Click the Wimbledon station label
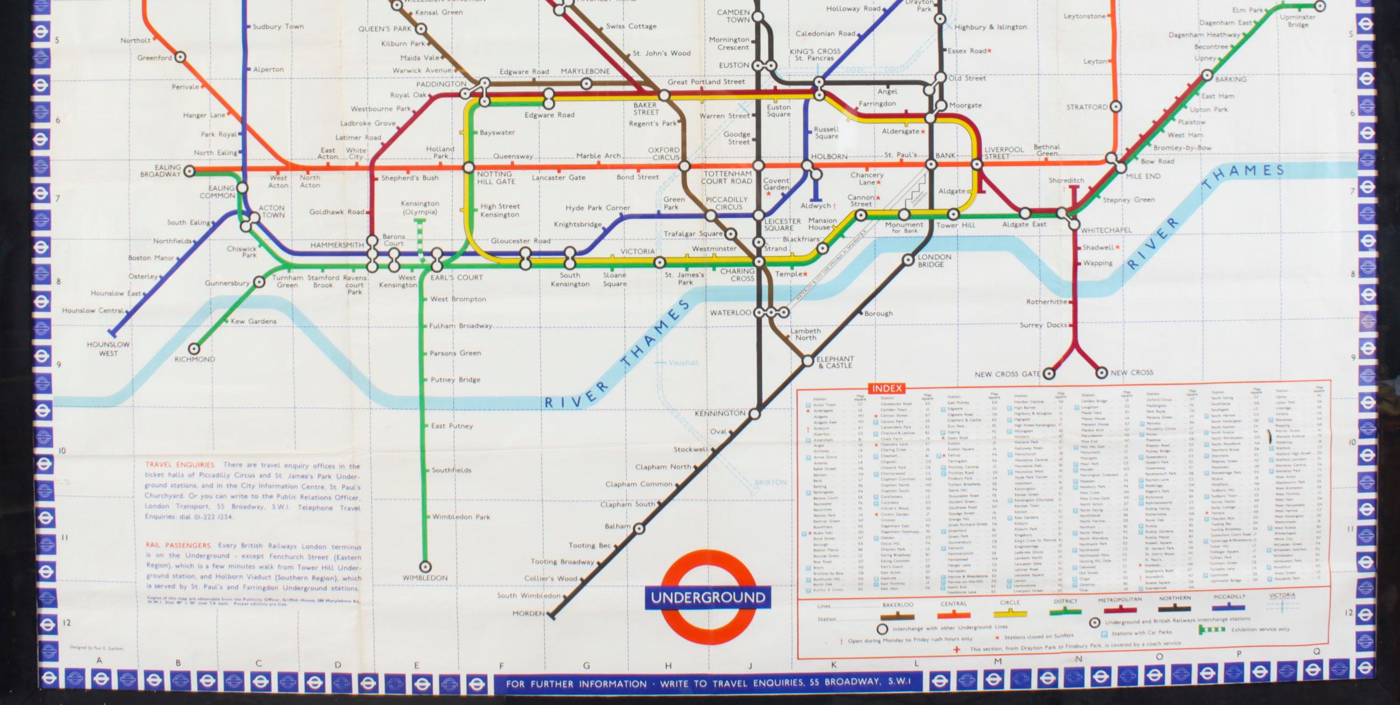coord(424,578)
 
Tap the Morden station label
coord(528,614)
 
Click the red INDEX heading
coord(887,388)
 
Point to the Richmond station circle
coord(194,349)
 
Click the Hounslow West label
coord(108,349)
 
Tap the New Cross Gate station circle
coord(1048,373)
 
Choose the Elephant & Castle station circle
coord(808,361)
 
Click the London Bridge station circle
coord(908,260)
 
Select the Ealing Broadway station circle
coord(189,171)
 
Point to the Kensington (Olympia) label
coord(420,208)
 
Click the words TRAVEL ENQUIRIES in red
coord(180,465)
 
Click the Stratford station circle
coord(1116,106)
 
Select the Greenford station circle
coord(180,57)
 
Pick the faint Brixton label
coord(771,482)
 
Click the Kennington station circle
coord(754,414)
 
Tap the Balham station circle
coord(638,528)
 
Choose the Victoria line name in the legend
coord(1282,596)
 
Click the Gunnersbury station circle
coord(259,282)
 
